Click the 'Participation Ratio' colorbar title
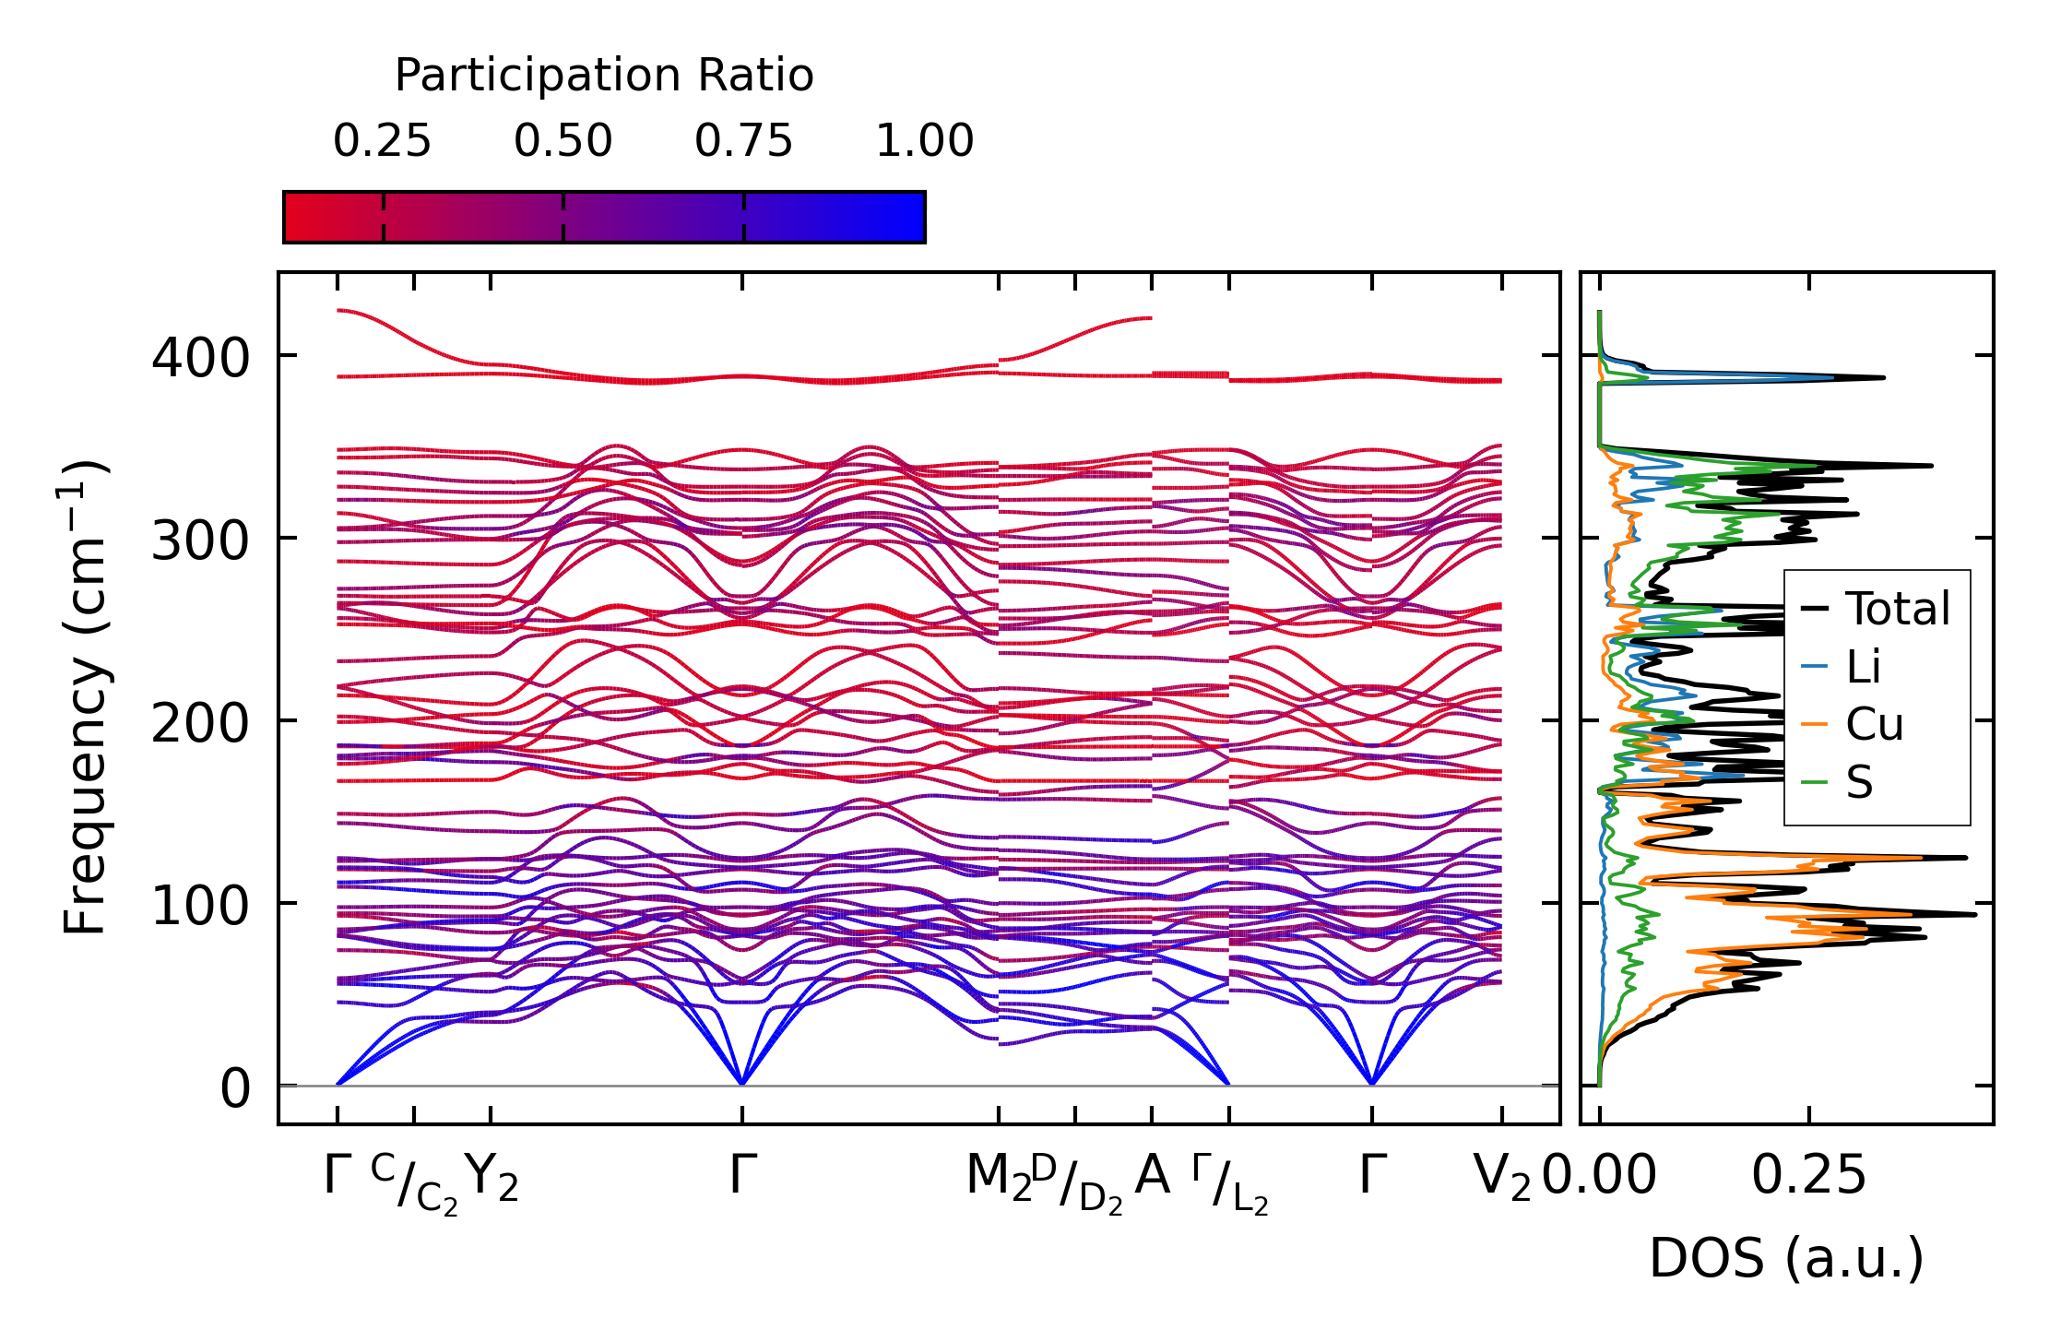coord(604,76)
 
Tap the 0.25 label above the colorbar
coord(382,141)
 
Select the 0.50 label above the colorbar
coord(563,141)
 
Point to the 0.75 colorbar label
coord(743,141)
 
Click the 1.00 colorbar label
coord(924,141)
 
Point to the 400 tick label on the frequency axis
coord(200,357)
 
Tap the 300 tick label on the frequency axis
coord(200,540)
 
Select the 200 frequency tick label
coord(200,722)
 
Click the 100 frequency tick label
coord(200,905)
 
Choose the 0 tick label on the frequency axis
coord(234,1087)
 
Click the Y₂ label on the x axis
coord(492,1178)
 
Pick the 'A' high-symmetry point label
coord(1152,1176)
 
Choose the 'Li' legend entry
coord(1863,666)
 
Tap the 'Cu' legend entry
coord(1874,724)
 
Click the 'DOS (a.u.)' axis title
coord(1786,1258)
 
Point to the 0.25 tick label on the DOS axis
coord(1808,1176)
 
